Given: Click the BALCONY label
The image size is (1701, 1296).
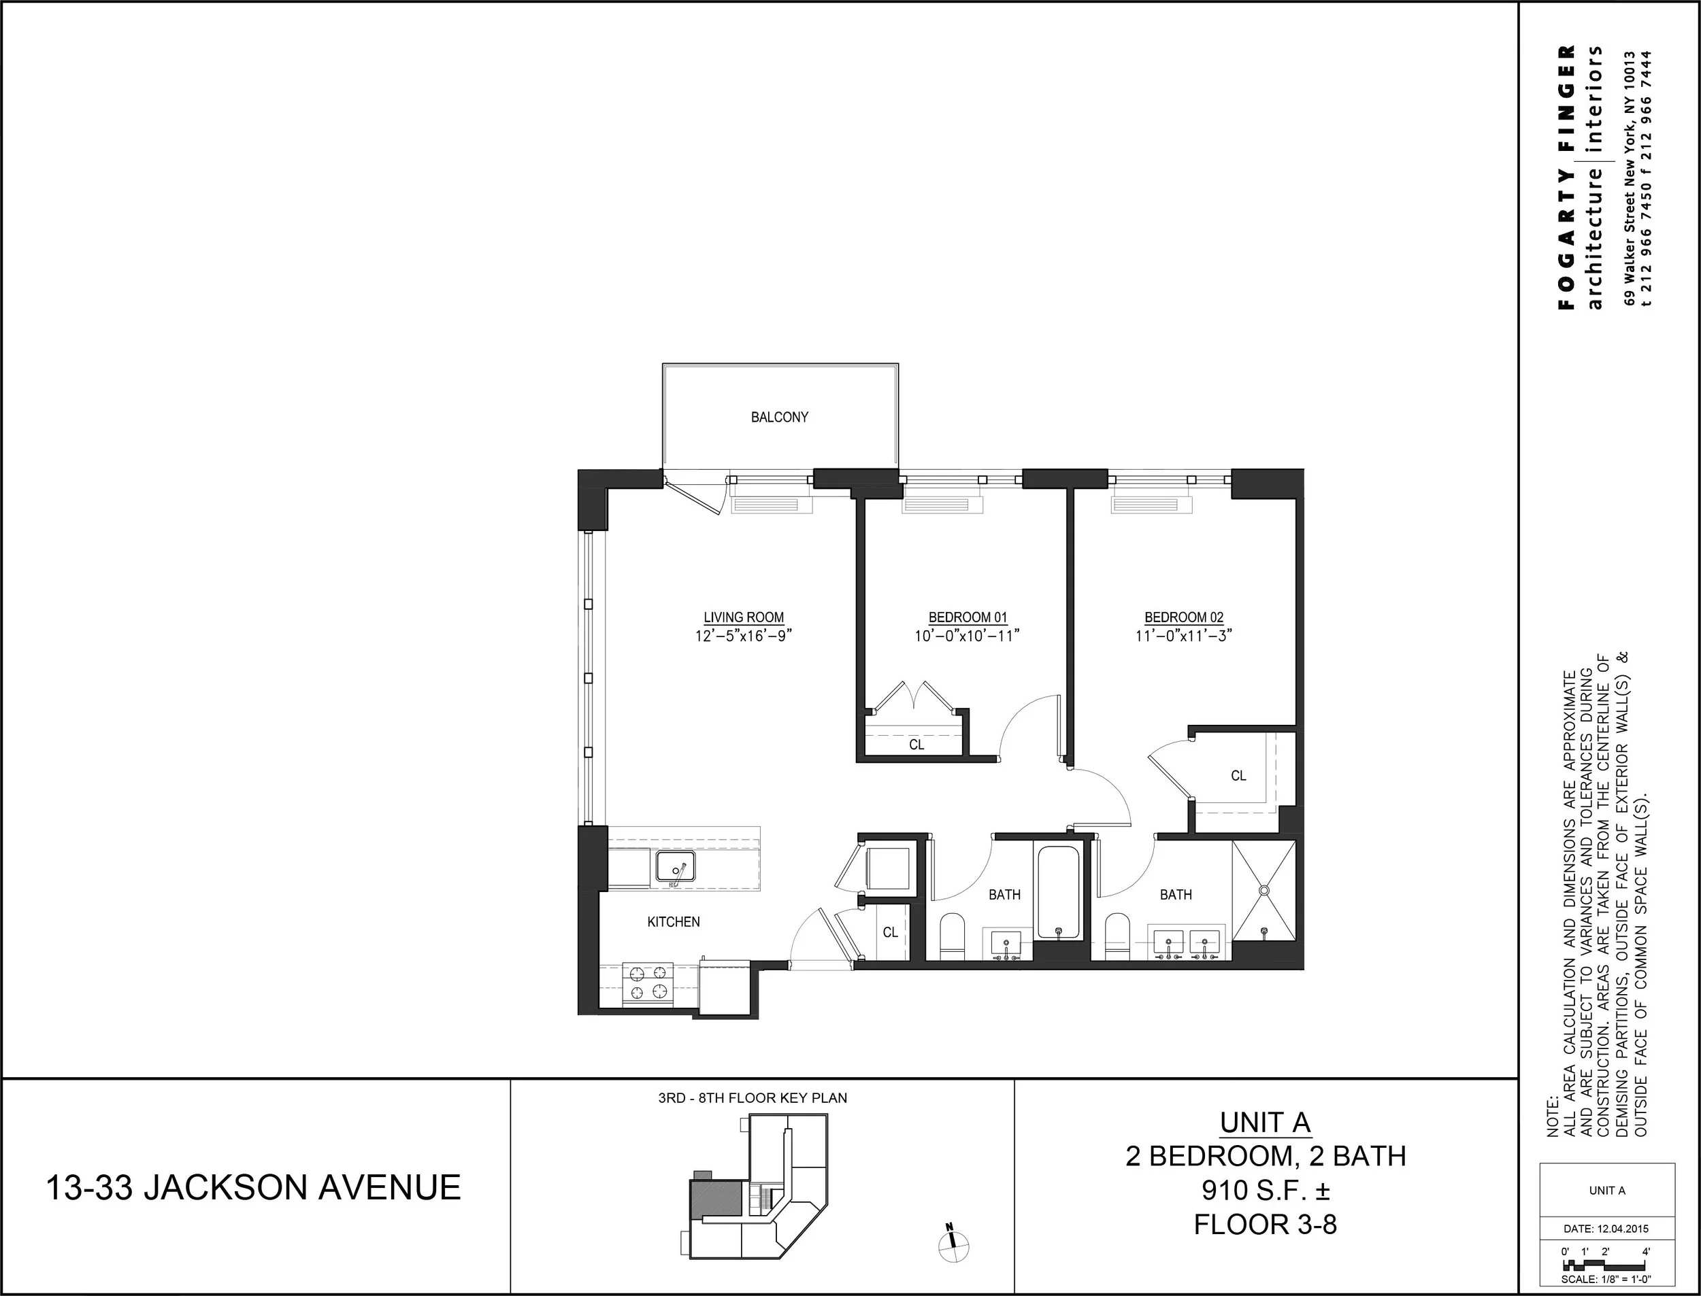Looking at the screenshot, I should [x=780, y=417].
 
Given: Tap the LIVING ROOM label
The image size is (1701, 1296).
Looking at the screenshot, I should [x=743, y=617].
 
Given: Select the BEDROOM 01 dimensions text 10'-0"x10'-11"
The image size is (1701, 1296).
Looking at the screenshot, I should [x=967, y=636].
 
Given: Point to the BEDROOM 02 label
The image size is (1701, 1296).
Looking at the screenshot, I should [x=1183, y=617].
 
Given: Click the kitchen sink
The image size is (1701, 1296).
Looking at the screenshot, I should [x=676, y=867].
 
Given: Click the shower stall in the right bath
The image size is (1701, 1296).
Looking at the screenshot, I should [x=1264, y=891].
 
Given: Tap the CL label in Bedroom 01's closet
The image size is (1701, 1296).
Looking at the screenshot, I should [x=916, y=745].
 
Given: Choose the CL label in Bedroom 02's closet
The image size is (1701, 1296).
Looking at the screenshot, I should [x=1238, y=776].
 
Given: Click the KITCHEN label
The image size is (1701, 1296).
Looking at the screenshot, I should [x=673, y=922].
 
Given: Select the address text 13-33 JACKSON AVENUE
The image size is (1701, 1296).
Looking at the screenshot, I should [x=254, y=1187].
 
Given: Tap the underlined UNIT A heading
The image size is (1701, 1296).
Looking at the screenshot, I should [x=1265, y=1123].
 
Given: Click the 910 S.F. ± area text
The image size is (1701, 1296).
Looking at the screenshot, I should [x=1265, y=1191].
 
